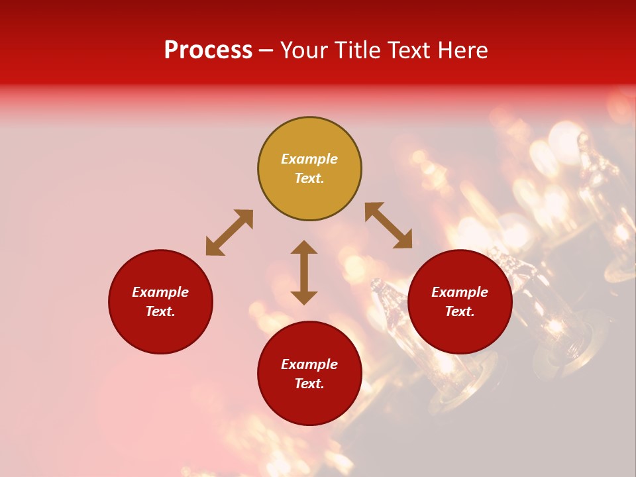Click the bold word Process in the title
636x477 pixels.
(x=208, y=50)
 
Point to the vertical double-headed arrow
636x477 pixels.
(x=304, y=272)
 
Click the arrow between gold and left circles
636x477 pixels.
(x=229, y=233)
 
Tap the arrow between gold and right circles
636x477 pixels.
(x=389, y=225)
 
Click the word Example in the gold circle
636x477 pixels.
(x=309, y=159)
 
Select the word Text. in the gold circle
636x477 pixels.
(x=309, y=178)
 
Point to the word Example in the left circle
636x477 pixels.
(x=160, y=292)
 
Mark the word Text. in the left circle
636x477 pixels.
(x=160, y=311)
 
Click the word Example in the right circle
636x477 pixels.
(x=460, y=292)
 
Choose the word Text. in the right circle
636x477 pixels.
(x=460, y=311)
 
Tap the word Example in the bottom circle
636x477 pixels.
(x=309, y=364)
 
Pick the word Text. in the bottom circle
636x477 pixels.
(x=309, y=384)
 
